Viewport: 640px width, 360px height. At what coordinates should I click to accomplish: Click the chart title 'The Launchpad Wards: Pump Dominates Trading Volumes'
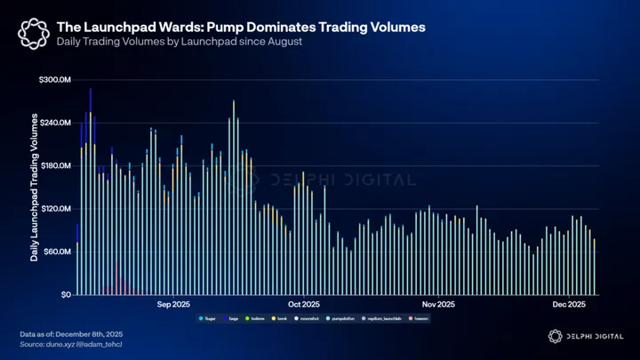(x=240, y=28)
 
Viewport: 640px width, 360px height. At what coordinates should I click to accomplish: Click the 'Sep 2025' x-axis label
(x=173, y=305)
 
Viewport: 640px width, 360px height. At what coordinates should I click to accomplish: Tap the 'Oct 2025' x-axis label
(x=303, y=305)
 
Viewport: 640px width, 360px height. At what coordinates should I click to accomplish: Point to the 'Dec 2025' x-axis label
(x=568, y=305)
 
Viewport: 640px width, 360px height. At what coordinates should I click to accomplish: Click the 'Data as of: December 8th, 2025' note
(x=71, y=334)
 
